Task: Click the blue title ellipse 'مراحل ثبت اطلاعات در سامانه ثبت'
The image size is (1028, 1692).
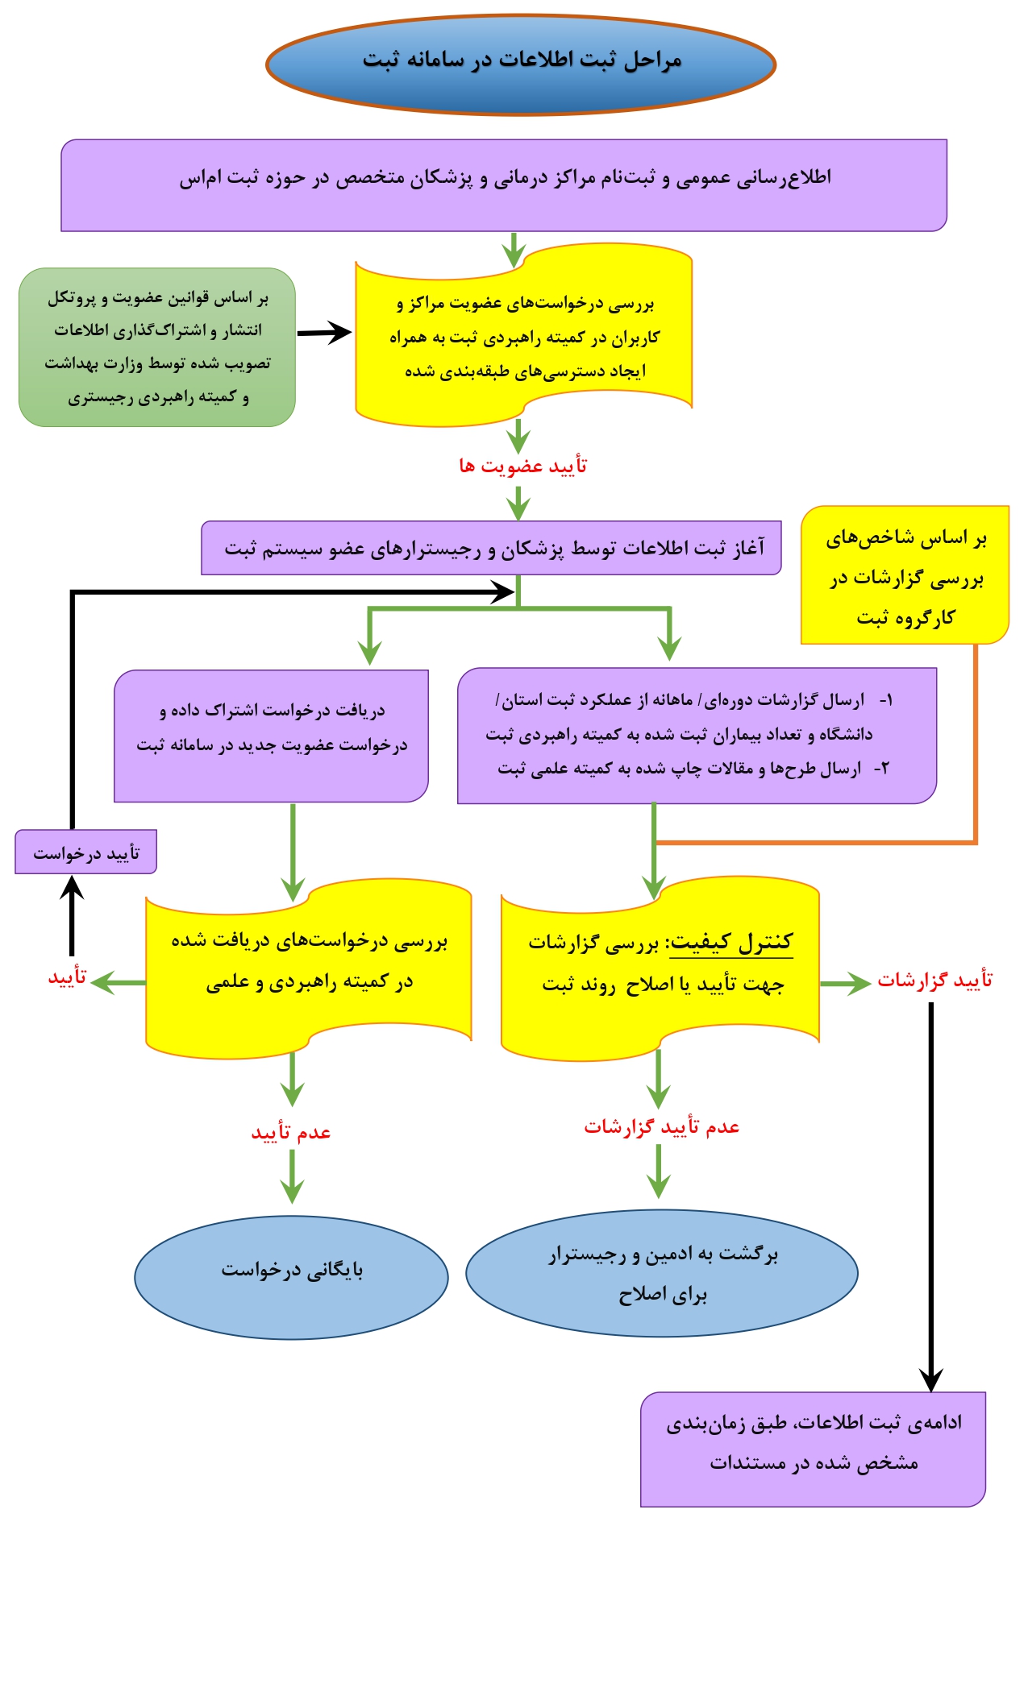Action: [x=521, y=64]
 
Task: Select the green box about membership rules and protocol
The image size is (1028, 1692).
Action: [x=157, y=347]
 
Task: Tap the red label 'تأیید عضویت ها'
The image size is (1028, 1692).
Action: [x=522, y=466]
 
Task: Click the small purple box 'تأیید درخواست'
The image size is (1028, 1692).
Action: [x=85, y=852]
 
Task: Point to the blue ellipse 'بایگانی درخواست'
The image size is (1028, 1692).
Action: [x=291, y=1277]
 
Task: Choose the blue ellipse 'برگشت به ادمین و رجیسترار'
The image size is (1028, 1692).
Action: [x=661, y=1273]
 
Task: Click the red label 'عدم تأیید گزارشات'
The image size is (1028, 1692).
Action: [x=661, y=1126]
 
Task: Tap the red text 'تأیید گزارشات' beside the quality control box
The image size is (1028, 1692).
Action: [x=934, y=980]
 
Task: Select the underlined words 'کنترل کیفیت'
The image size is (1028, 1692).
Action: [x=731, y=942]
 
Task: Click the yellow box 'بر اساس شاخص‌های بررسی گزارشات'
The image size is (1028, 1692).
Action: [x=905, y=575]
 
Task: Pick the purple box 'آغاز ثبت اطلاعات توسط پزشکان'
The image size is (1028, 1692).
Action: [x=491, y=548]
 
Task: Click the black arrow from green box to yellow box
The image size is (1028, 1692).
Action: [x=324, y=332]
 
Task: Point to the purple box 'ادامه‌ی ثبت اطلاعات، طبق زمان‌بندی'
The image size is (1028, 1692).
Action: [x=813, y=1449]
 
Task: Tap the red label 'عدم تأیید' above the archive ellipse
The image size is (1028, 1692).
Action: [x=291, y=1132]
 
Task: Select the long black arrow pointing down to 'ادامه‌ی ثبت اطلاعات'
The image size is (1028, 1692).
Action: [x=931, y=1192]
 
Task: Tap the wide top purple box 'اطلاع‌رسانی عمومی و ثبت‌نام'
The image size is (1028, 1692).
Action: [x=504, y=185]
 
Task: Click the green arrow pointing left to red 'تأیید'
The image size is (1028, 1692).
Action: [x=118, y=982]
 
